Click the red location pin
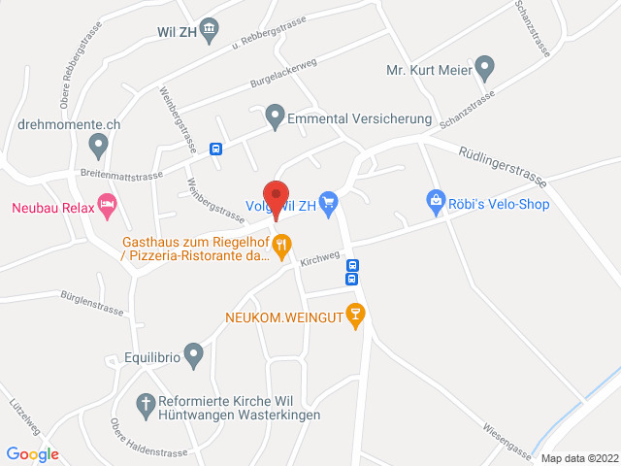pyautogui.click(x=277, y=198)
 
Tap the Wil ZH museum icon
pyautogui.click(x=208, y=29)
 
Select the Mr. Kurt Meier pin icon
pyautogui.click(x=485, y=69)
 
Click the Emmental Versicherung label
pyautogui.click(x=359, y=118)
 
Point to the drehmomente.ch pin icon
pyautogui.click(x=97, y=147)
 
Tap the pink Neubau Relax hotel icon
pyautogui.click(x=108, y=206)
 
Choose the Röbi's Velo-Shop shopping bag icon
pyautogui.click(x=436, y=203)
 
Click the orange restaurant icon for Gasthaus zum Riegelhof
pyautogui.click(x=282, y=246)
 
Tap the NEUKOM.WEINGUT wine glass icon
pyautogui.click(x=356, y=316)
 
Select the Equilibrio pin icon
pyautogui.click(x=194, y=356)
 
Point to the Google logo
pyautogui.click(x=32, y=453)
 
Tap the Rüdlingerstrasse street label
pyautogui.click(x=503, y=162)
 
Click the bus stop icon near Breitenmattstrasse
pyautogui.click(x=215, y=149)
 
